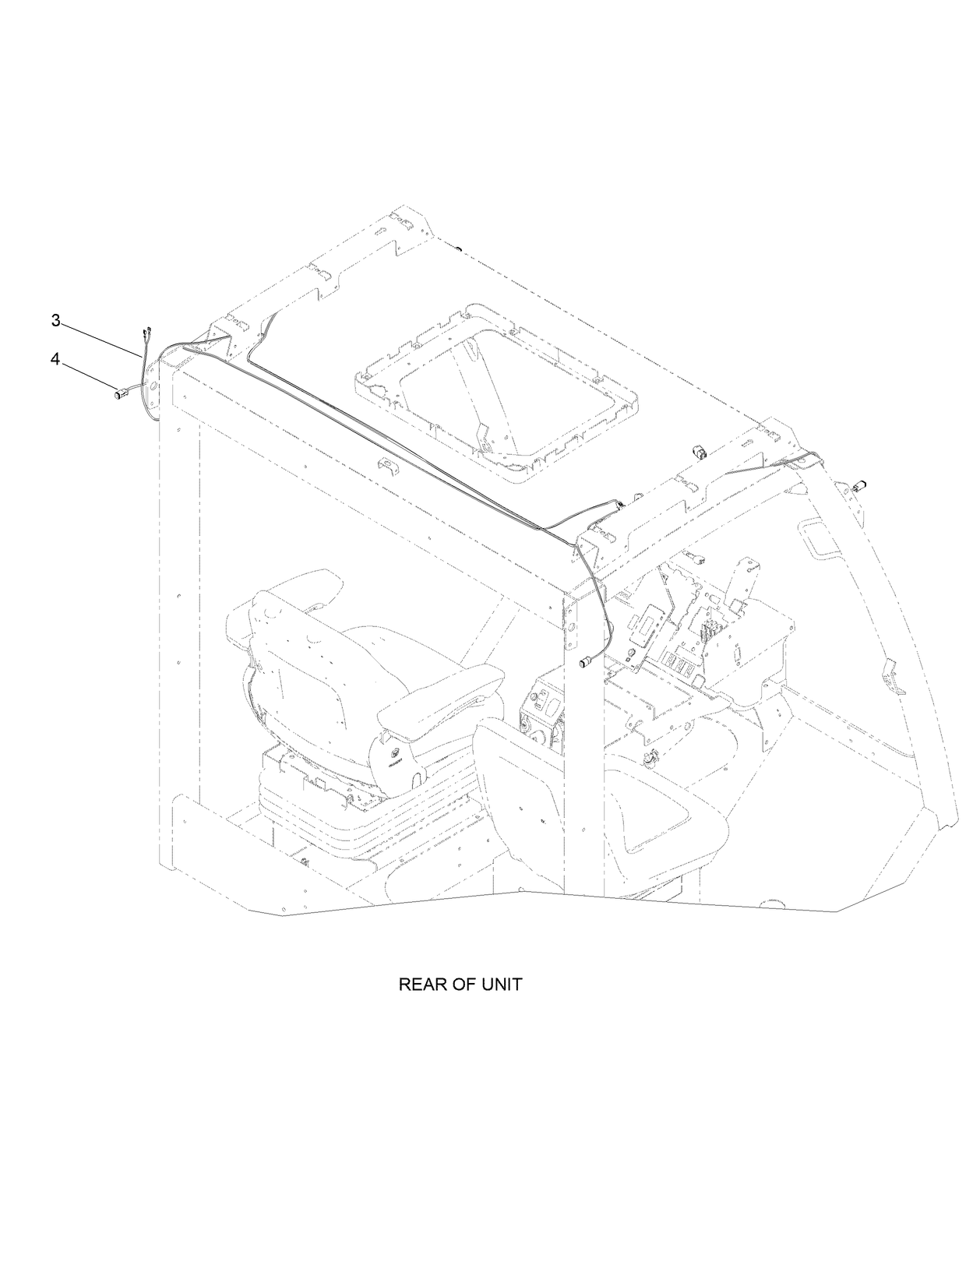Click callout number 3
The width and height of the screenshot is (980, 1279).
tap(55, 320)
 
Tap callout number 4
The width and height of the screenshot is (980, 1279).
tap(55, 358)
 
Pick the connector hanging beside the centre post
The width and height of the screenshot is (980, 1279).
tap(585, 664)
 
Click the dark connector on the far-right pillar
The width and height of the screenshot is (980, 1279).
tap(862, 484)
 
